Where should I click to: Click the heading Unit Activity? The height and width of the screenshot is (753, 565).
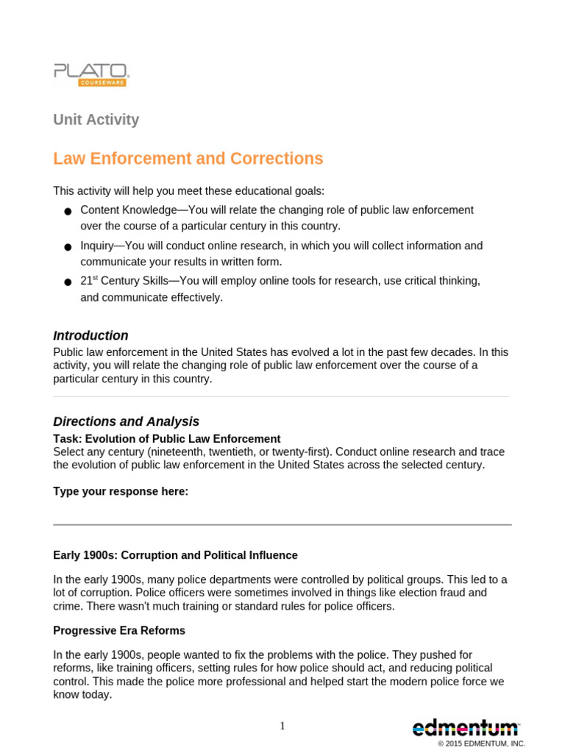coord(96,120)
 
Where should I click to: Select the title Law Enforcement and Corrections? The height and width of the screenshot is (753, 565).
coord(188,159)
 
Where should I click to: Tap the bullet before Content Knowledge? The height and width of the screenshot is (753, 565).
coord(68,212)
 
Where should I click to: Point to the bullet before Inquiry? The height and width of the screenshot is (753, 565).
coord(68,248)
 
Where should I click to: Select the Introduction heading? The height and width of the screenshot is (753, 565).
coord(90,336)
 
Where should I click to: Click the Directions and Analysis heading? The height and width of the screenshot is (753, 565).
coord(126,422)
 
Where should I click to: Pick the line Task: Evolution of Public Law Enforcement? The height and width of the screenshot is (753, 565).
coord(166,439)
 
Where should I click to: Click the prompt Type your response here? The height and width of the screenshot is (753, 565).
coord(121,492)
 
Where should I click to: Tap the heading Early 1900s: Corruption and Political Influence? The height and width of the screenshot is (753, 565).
coord(175,556)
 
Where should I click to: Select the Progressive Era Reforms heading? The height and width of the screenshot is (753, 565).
coord(119,631)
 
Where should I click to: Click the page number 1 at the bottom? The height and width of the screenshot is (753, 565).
coord(282,727)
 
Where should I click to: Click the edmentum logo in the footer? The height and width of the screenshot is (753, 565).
coord(465,729)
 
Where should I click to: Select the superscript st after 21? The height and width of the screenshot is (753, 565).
coord(94,279)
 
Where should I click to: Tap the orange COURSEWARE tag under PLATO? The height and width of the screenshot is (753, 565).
coord(102,82)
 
